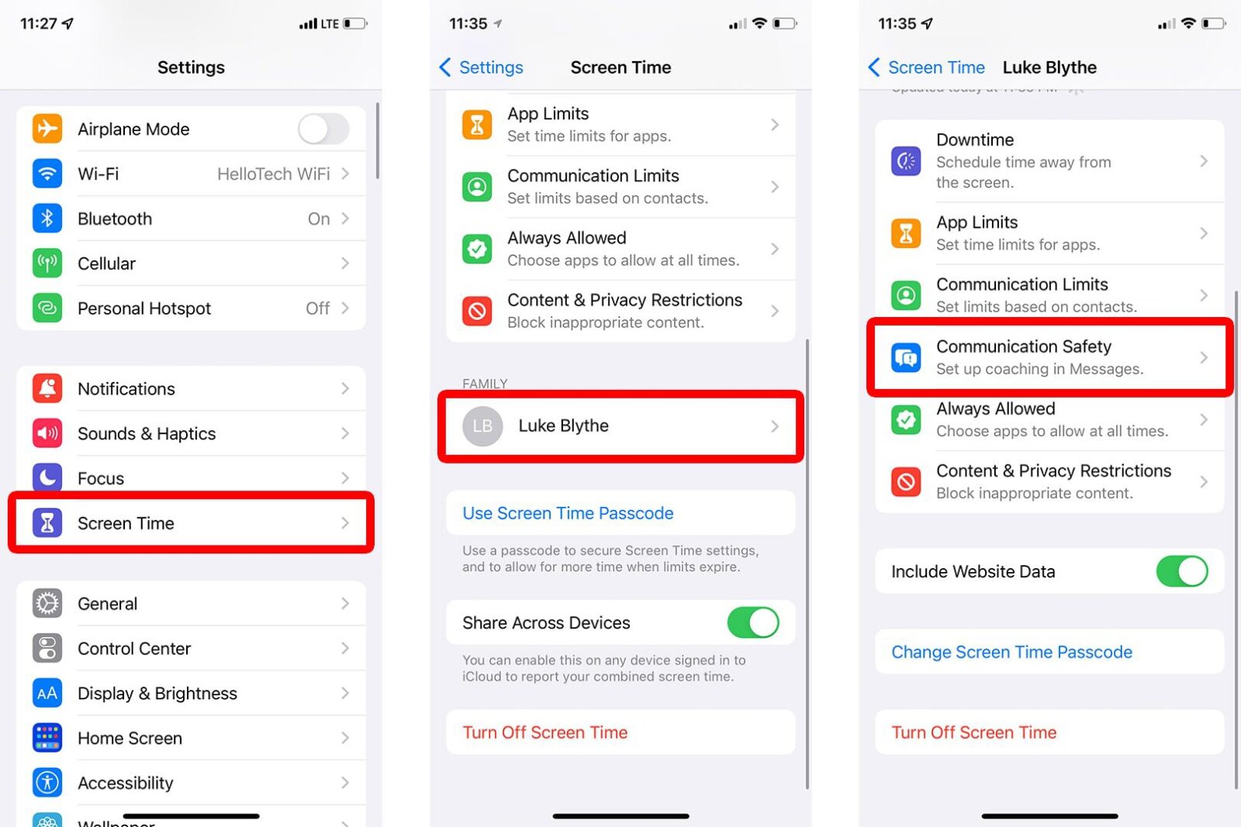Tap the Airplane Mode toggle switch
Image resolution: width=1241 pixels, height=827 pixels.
tap(323, 129)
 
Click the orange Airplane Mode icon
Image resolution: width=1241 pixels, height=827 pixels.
tap(47, 129)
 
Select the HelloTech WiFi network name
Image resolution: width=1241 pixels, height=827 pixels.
tap(273, 174)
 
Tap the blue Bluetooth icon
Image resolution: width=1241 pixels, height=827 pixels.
tap(47, 219)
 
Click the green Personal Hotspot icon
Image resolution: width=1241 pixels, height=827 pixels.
tap(47, 308)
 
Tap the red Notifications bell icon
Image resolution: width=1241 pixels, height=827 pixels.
tap(47, 388)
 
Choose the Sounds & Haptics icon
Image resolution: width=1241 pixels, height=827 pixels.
tap(47, 433)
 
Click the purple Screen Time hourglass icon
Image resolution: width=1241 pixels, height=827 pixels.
tap(47, 523)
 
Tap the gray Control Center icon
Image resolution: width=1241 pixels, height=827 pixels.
tap(47, 648)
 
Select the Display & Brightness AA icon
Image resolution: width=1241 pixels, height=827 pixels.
tap(47, 693)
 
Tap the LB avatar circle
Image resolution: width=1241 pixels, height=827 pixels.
tap(482, 426)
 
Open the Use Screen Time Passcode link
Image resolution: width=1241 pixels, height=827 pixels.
tap(568, 513)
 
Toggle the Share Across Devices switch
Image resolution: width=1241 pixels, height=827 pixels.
tap(752, 622)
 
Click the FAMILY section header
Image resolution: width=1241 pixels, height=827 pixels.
tap(485, 384)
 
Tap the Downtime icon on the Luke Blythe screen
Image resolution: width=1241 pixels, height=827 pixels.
tap(906, 161)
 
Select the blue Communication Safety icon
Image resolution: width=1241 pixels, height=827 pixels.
tap(906, 357)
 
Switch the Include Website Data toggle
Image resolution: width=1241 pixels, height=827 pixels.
tap(1181, 571)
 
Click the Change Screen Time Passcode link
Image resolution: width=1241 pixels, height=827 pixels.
tap(1011, 652)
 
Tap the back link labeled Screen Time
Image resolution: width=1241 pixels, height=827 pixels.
tap(927, 67)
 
